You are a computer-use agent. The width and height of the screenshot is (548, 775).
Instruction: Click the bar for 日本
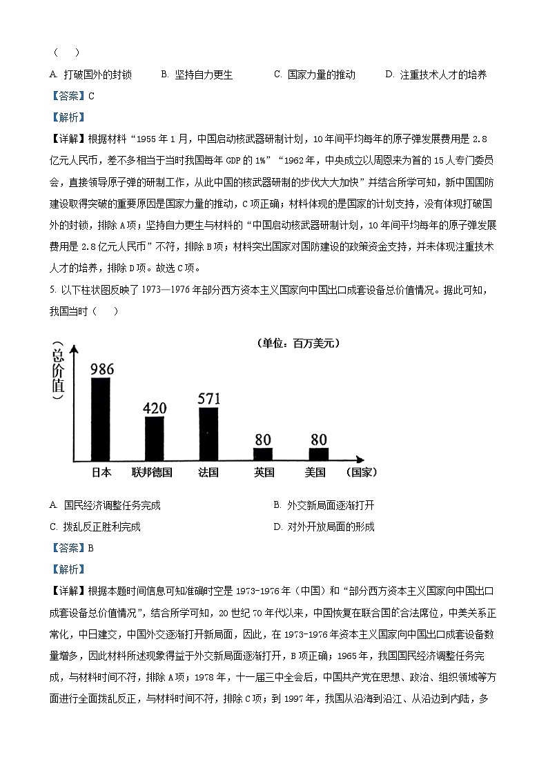pos(101,419)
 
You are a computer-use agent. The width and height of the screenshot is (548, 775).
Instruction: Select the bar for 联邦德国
pos(154,439)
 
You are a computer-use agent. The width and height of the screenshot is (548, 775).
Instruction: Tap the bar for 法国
pos(208,434)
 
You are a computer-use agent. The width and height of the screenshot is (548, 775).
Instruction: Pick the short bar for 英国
pos(262,454)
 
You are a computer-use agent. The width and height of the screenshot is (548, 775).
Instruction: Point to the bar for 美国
pos(318,454)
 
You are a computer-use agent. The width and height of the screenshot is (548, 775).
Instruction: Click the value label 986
pos(101,369)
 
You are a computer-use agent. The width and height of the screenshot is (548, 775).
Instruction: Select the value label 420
pos(154,408)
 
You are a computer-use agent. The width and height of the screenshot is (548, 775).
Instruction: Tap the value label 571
pos(208,398)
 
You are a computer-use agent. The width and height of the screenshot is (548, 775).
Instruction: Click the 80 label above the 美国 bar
pos(318,439)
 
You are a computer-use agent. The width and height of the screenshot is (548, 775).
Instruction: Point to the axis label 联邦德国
pos(152,473)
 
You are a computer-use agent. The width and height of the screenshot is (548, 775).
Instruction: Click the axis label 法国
pos(208,473)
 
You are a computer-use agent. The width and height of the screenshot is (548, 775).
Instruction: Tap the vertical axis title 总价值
pos(58,373)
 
